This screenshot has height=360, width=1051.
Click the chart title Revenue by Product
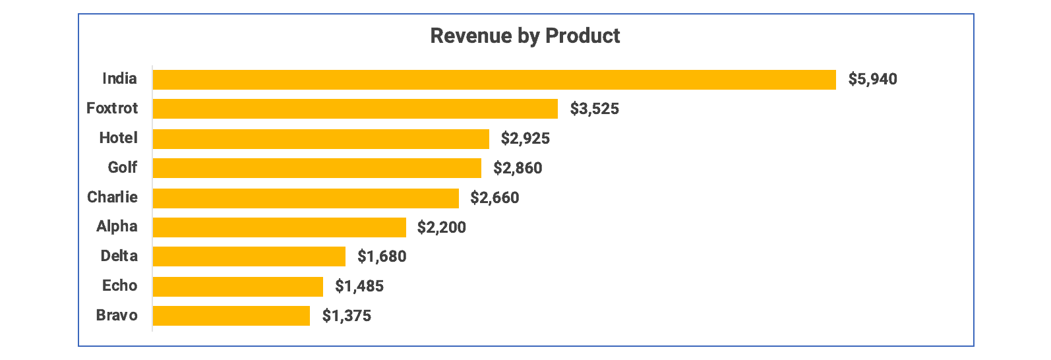(x=525, y=36)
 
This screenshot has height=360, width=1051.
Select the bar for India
(x=494, y=80)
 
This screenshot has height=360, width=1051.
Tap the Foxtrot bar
(x=355, y=109)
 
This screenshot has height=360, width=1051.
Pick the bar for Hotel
(x=320, y=138)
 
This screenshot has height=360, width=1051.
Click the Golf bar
(x=316, y=168)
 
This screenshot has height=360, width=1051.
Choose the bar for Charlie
(x=305, y=198)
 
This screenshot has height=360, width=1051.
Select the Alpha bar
(x=279, y=227)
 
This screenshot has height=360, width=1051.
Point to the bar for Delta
(x=249, y=256)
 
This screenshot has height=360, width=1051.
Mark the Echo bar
(x=237, y=286)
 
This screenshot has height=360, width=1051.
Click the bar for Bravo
(x=231, y=316)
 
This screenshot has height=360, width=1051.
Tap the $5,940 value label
(x=872, y=80)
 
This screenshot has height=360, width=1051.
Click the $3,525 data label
(x=594, y=109)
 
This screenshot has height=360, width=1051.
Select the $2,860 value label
(x=518, y=168)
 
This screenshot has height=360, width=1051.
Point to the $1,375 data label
(x=346, y=316)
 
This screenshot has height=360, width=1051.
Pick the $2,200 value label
(x=441, y=227)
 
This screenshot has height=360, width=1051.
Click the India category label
(x=119, y=78)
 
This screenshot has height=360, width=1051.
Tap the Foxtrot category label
(x=112, y=108)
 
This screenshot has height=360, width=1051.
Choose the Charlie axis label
(x=112, y=197)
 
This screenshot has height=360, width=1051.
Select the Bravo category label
(x=117, y=315)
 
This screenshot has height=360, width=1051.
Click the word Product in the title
(x=582, y=36)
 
